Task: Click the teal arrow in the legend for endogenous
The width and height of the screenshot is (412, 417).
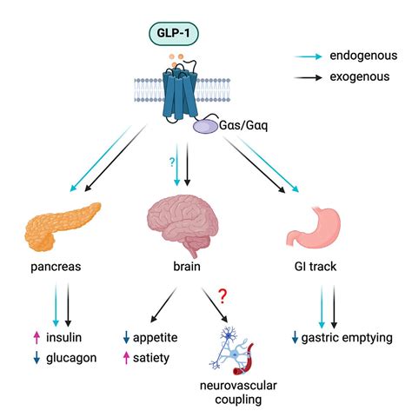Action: tap(308, 56)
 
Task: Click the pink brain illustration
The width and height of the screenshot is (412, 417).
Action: tap(183, 222)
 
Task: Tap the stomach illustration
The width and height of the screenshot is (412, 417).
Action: tap(311, 226)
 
